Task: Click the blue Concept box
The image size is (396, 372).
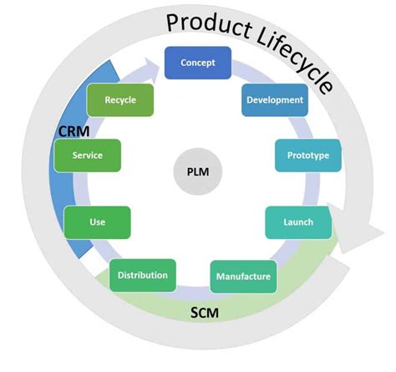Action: click(197, 63)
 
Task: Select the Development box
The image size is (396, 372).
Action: click(274, 100)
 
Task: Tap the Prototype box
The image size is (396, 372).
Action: click(307, 155)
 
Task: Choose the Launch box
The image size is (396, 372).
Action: click(298, 222)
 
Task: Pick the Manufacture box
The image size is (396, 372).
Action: click(243, 276)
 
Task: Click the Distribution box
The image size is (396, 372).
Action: click(143, 275)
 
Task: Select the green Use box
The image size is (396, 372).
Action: click(97, 222)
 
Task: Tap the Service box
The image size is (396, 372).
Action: click(88, 155)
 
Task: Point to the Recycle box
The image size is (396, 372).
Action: click(121, 100)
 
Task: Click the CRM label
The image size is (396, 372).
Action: click(74, 131)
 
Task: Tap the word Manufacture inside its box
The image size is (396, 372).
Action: click(243, 277)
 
